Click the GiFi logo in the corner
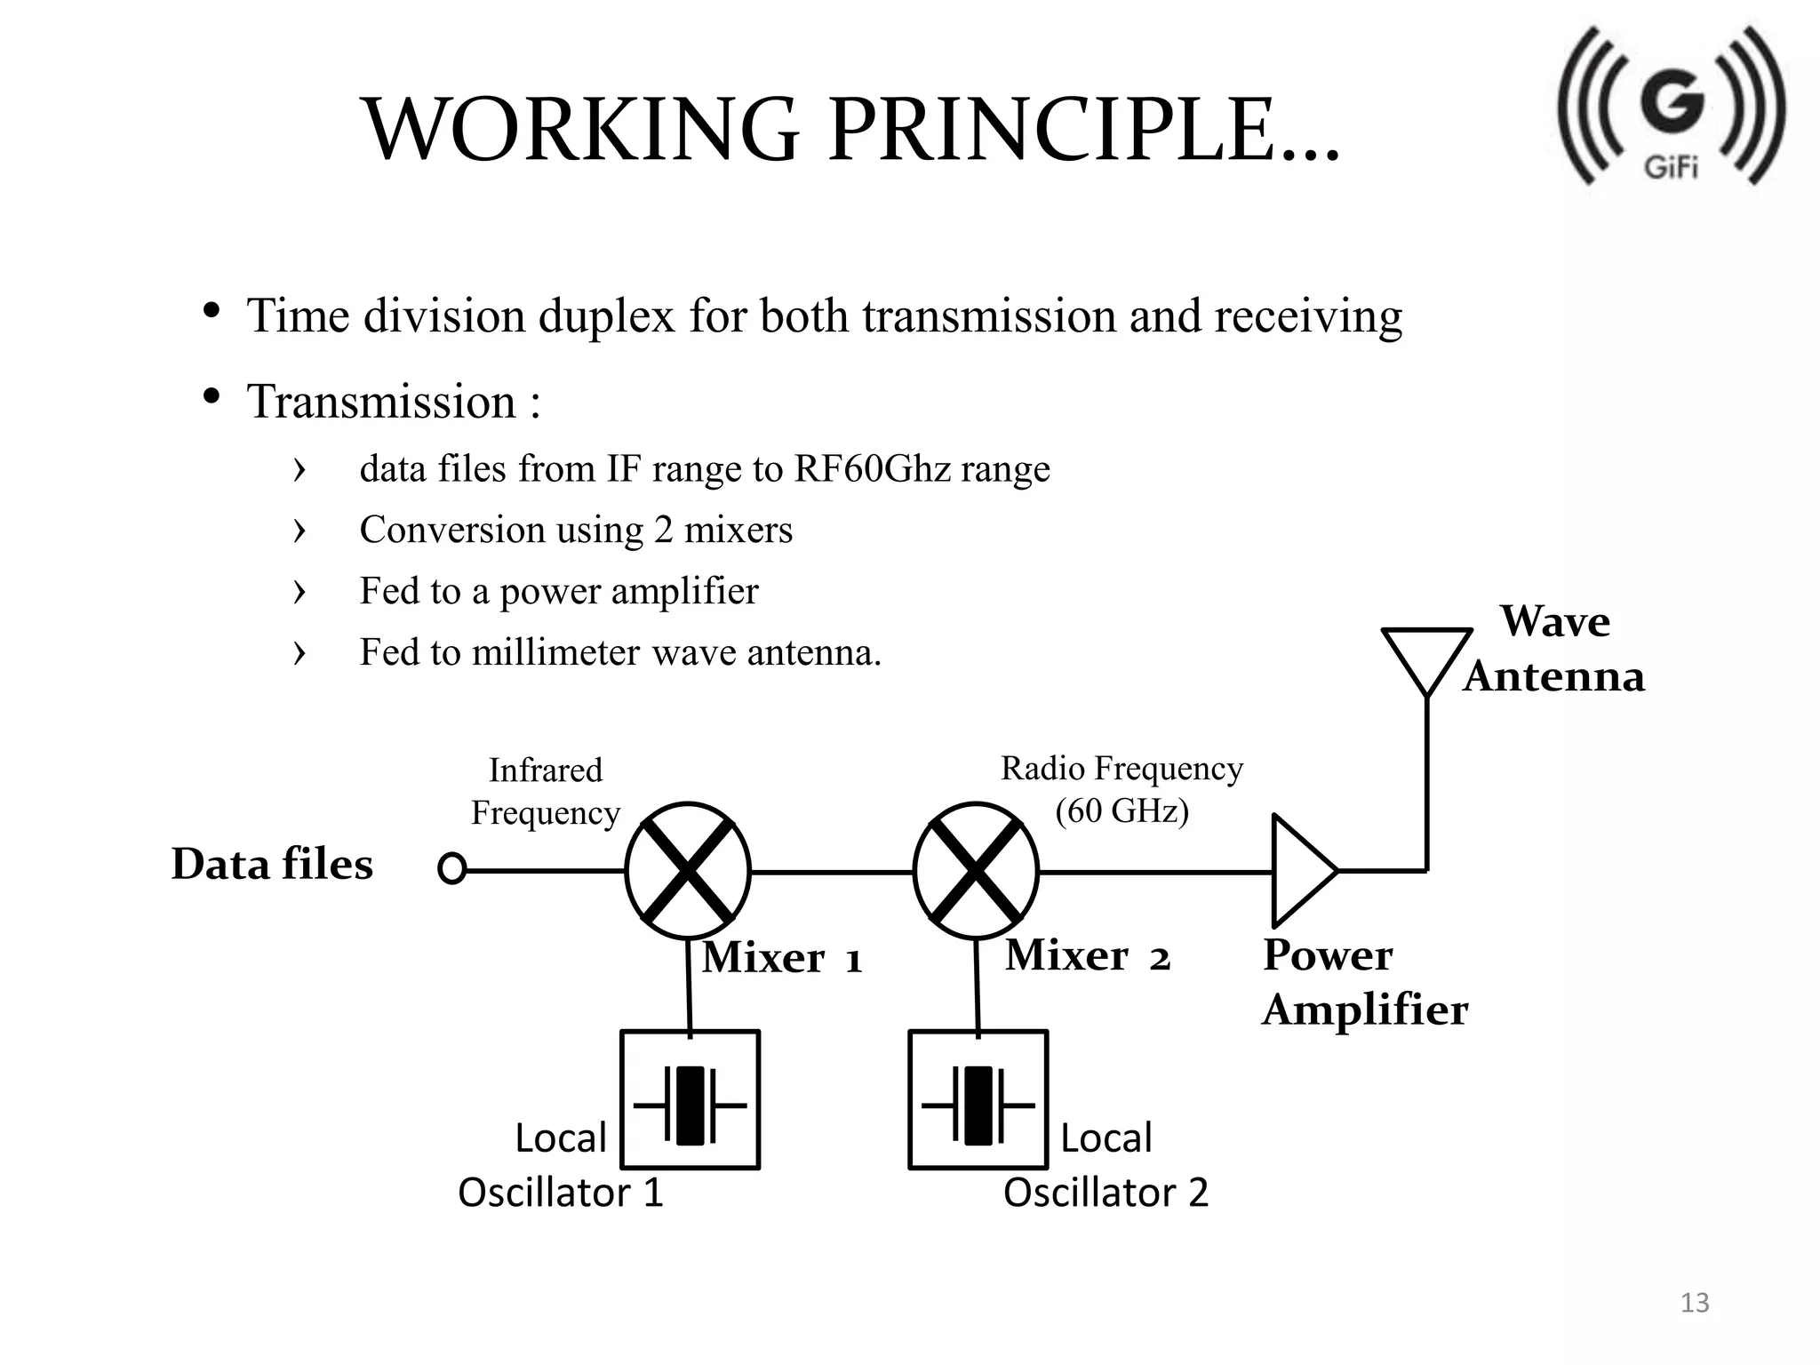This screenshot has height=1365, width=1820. [1671, 107]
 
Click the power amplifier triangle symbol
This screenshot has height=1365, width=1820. [1299, 871]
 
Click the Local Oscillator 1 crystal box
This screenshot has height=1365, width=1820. [690, 1100]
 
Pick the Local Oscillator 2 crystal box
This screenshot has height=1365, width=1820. [978, 1100]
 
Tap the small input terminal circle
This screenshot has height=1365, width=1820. [451, 868]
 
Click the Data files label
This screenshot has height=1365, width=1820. [272, 864]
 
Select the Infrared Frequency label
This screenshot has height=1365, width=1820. [545, 791]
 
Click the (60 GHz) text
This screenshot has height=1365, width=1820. [1122, 810]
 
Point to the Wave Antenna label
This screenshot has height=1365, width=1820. [1554, 649]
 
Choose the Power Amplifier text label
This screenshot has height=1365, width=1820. [1364, 982]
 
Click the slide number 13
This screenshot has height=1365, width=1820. [1695, 1303]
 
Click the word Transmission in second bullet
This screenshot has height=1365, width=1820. [381, 402]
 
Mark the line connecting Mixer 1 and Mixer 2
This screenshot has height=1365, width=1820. [832, 872]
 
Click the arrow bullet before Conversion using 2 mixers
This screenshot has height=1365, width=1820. [299, 531]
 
